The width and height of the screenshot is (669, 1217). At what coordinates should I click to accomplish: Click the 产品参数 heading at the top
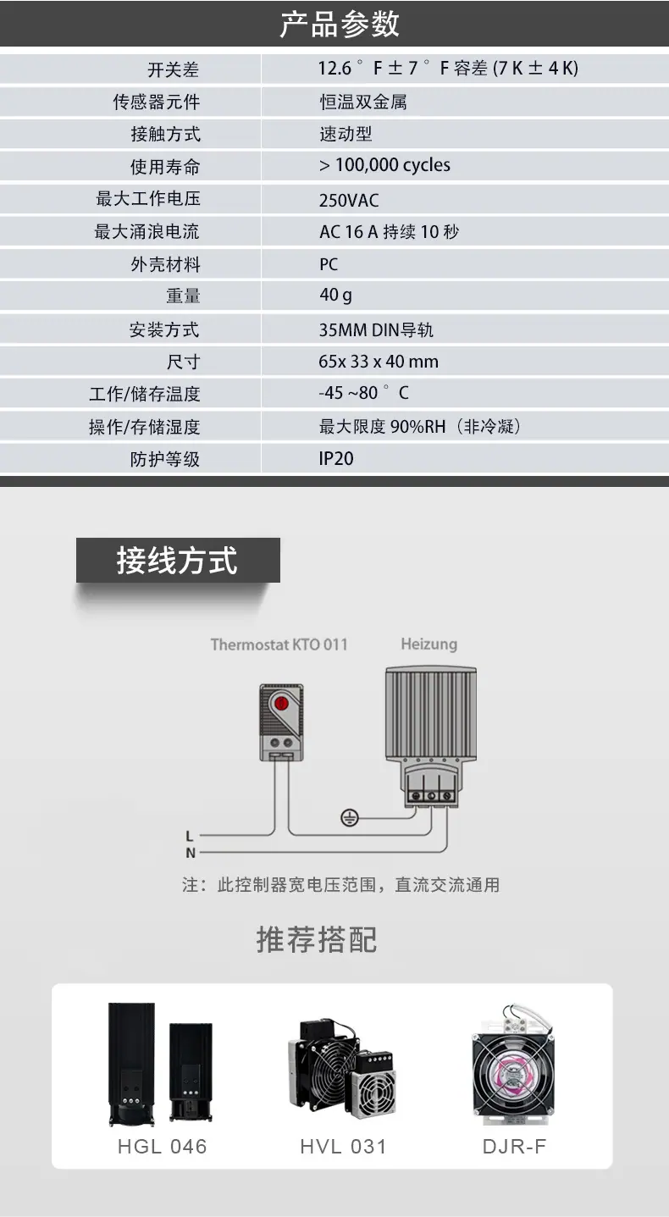click(x=339, y=24)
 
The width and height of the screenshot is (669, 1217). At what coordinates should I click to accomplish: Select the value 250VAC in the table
click(x=349, y=200)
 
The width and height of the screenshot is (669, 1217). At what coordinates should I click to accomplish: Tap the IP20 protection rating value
click(x=336, y=459)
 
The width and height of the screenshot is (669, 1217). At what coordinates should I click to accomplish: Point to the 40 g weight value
click(x=335, y=296)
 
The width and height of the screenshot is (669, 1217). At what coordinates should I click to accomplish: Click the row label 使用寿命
click(x=165, y=167)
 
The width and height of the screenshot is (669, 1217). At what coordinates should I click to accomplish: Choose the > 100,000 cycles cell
click(x=384, y=165)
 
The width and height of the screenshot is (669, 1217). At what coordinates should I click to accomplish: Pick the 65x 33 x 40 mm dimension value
click(x=379, y=362)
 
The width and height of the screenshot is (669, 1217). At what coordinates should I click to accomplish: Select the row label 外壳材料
click(x=165, y=264)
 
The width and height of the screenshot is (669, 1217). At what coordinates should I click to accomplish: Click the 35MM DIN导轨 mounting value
click(x=376, y=329)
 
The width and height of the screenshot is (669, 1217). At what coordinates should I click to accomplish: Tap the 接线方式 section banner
click(x=178, y=561)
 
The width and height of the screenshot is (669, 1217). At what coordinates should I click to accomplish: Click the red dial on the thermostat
click(x=281, y=702)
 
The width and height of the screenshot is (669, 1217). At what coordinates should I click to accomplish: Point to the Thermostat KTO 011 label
click(x=279, y=644)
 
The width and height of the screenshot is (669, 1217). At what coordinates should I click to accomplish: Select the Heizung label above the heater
click(x=428, y=644)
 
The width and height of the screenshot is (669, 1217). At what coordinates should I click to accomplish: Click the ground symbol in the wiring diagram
click(x=349, y=817)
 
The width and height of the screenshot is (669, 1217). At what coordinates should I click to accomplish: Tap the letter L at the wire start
click(x=190, y=837)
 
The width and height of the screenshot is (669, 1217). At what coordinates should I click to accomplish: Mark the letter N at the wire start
click(x=190, y=853)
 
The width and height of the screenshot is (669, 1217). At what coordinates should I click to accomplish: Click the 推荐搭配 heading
click(x=317, y=940)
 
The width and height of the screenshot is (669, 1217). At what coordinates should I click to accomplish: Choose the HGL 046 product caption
click(x=162, y=1147)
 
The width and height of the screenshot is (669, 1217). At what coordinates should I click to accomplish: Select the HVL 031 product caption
click(x=343, y=1147)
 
